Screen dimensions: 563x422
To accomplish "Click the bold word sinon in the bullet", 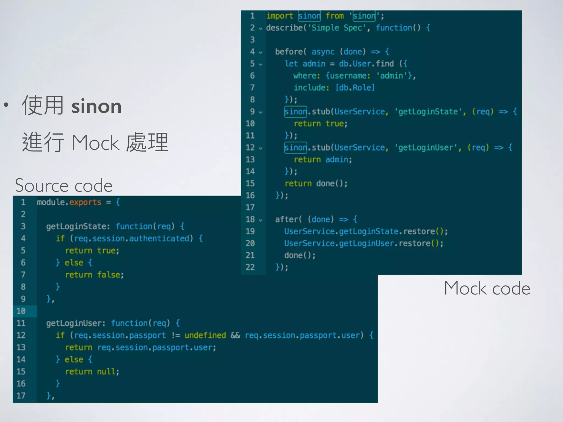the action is click(96, 106).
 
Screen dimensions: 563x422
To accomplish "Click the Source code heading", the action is click(64, 185).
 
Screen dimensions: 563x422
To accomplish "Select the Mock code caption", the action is click(487, 288).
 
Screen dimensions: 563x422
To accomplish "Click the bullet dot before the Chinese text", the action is click(6, 105).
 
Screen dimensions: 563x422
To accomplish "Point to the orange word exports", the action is click(85, 202).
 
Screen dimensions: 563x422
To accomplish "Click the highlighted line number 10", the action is click(21, 311).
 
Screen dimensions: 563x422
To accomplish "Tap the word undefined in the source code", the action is click(205, 335).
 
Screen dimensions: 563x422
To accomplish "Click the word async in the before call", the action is click(323, 52).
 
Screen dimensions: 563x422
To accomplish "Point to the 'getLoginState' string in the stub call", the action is click(428, 112).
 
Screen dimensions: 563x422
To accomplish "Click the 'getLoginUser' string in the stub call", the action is click(426, 148).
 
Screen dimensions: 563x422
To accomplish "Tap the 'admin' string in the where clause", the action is click(391, 76).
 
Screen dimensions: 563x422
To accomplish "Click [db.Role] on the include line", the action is click(355, 88).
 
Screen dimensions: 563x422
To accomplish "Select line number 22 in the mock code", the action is click(250, 267).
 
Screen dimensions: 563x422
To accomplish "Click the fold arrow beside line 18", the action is click(261, 220).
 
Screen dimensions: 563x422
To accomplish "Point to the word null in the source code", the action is click(106, 371).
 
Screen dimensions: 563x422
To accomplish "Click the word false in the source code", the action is click(108, 275).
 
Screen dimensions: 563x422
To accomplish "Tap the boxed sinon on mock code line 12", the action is click(296, 148).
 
